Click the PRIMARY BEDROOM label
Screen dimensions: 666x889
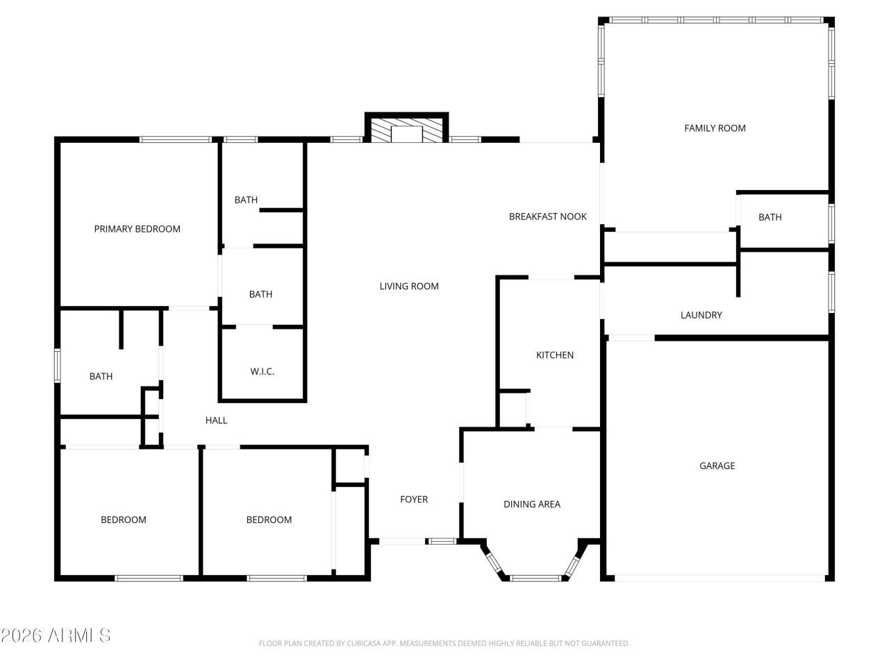tap(137, 229)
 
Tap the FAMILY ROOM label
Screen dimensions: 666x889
tap(715, 128)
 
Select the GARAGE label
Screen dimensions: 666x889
tap(717, 466)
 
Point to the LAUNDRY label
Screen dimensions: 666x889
tap(701, 315)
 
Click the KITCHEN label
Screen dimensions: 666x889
tap(555, 355)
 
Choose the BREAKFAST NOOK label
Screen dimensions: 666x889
tap(547, 216)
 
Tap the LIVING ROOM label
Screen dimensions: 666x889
tap(409, 286)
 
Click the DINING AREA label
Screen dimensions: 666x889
tap(531, 504)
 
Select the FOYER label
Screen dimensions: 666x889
tap(414, 499)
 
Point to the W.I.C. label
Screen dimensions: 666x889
tap(262, 372)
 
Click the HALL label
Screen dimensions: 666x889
tap(216, 420)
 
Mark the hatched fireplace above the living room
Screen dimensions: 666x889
tap(406, 130)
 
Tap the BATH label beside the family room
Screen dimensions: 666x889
tap(770, 217)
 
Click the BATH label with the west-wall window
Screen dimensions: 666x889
tap(101, 377)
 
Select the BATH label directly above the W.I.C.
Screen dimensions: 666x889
tap(260, 294)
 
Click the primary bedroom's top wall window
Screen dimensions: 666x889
tap(175, 139)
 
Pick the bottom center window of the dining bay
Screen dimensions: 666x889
tap(535, 577)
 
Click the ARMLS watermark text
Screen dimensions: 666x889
tap(56, 635)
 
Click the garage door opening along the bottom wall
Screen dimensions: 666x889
tap(719, 577)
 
